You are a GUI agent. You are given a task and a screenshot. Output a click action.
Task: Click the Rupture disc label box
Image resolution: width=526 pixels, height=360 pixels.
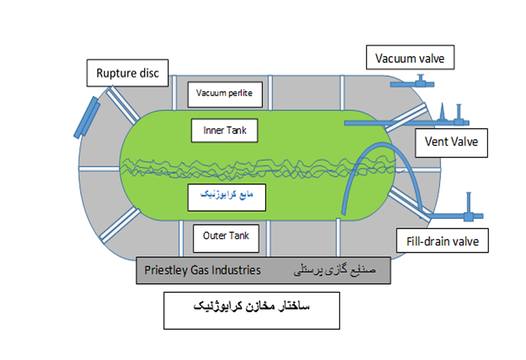coord(128,72)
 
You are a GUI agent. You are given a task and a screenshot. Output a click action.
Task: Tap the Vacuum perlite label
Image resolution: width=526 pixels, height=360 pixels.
coord(225,94)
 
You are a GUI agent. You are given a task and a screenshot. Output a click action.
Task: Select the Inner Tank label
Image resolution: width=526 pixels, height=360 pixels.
coord(225,130)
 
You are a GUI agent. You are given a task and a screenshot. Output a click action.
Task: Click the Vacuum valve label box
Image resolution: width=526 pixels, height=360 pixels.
coord(410,58)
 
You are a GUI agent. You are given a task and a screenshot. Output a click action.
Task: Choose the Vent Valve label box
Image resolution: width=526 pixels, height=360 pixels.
coord(451,142)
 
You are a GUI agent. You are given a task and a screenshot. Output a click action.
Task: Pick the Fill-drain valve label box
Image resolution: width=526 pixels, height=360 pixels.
coord(443,240)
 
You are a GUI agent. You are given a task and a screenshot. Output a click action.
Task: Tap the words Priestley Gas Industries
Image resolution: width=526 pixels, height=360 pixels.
coord(203,270)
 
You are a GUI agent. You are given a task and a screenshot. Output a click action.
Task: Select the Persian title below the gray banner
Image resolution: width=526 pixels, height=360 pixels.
coord(251,308)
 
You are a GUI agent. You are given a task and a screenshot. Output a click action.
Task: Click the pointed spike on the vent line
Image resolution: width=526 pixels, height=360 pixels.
coord(440,111)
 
